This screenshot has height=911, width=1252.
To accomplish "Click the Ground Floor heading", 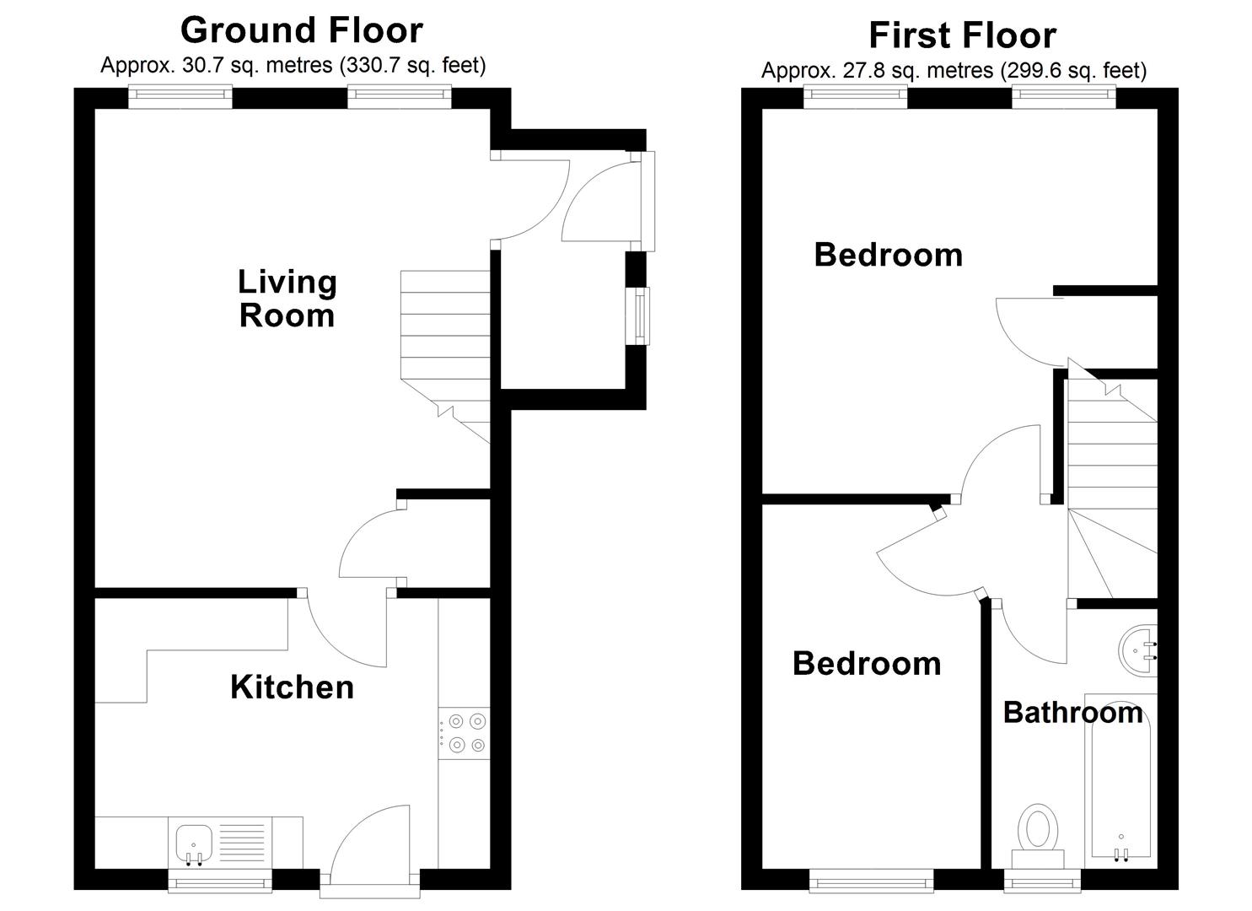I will point(301,30).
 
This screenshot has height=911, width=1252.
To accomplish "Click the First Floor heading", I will point(962,35).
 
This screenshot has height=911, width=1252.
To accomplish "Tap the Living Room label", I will point(287,299).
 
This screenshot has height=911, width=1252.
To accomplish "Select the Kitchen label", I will point(292,687).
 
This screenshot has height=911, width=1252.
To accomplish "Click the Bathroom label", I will point(1072,713).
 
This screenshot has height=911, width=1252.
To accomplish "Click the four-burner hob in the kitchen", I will point(466,733).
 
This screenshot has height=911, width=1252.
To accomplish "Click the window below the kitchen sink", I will point(220,883).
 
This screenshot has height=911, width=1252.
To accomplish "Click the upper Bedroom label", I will point(888,255).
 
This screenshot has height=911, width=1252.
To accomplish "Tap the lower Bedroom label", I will point(867,664).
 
